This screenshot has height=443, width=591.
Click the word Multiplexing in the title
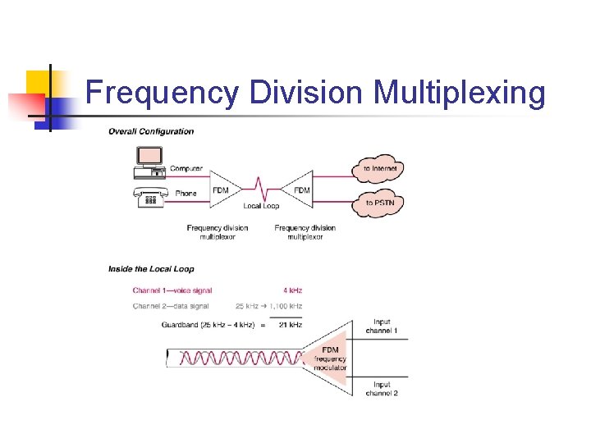(459, 94)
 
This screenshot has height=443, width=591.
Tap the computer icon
(149, 160)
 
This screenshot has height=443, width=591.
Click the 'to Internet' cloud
(380, 169)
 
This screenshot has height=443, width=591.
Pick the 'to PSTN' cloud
(379, 203)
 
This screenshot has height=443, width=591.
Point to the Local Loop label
(261, 206)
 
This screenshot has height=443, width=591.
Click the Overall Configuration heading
(151, 131)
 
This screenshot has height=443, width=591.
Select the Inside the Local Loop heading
(151, 268)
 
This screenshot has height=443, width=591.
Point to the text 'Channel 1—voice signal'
(172, 290)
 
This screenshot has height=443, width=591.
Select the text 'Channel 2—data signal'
(170, 306)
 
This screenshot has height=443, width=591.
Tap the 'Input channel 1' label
(382, 327)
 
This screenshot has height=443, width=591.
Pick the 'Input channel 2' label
(382, 389)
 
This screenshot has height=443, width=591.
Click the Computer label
(186, 169)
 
